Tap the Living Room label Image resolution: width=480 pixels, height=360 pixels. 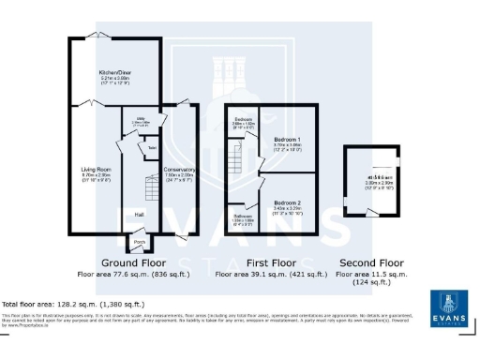coord(94,170)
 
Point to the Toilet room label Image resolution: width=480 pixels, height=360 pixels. coord(152,148)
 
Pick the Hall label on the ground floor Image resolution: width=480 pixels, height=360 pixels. coord(139,215)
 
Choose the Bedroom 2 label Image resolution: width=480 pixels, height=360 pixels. coord(286,202)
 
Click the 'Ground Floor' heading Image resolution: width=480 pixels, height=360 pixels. coord(134,263)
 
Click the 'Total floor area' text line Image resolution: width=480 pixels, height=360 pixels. coord(73,305)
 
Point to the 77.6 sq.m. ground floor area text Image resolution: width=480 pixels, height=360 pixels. coord(134,275)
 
